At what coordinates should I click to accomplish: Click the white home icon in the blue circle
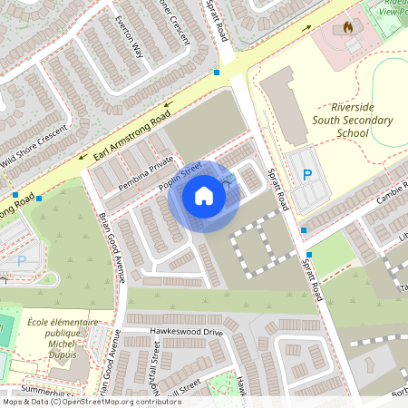click(204, 196)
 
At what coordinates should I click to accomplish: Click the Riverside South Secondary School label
click(340, 120)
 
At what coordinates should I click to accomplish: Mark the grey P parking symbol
click(22, 260)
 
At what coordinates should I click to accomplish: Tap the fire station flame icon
click(348, 28)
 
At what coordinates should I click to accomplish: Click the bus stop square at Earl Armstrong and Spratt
click(216, 72)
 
